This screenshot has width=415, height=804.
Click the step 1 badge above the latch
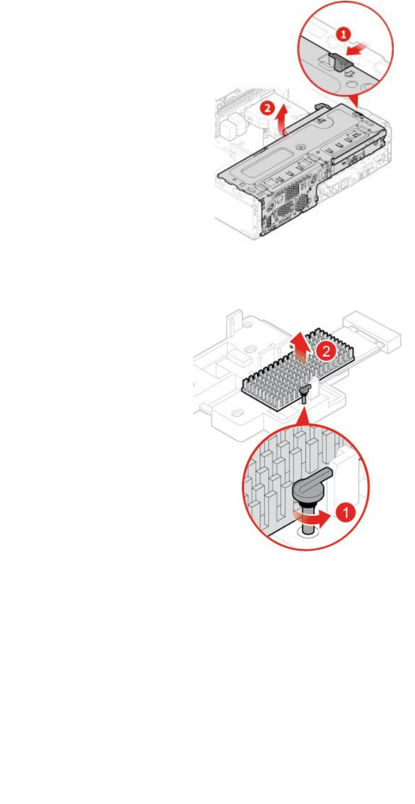(343, 35)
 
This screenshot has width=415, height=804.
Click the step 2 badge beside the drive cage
(268, 108)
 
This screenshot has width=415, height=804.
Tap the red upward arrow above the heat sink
(301, 344)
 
